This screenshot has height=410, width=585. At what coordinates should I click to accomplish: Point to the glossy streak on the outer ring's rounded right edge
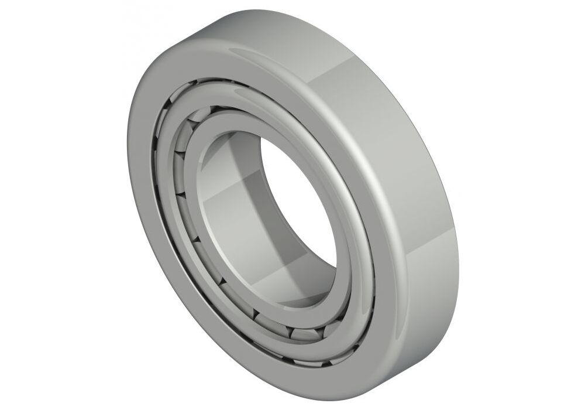[x=374, y=176]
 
